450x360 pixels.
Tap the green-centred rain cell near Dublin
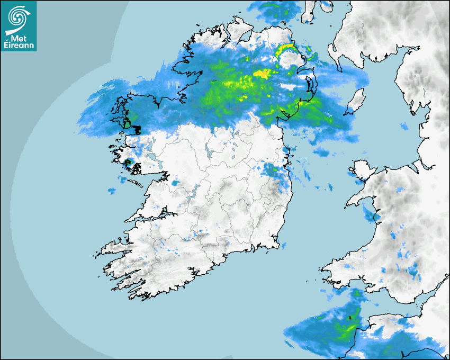(271, 170)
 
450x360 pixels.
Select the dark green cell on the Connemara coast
(128, 163)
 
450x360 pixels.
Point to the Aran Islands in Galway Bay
(136, 184)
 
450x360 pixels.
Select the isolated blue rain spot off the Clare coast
(111, 190)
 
